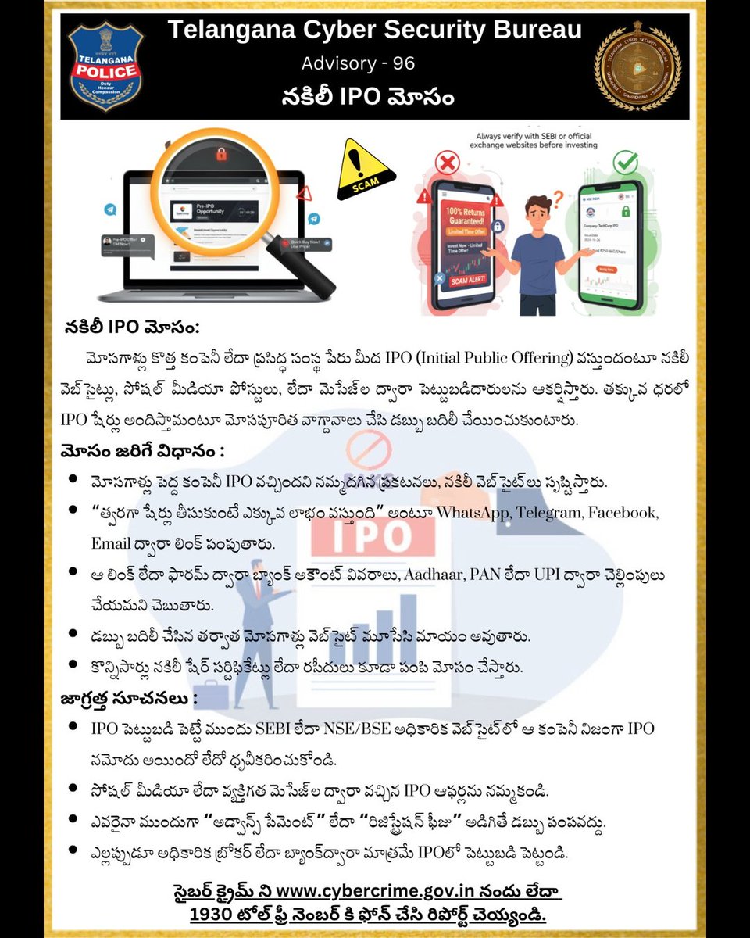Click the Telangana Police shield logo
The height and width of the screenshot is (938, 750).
pos(104,66)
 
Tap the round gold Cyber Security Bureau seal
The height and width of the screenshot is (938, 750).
pos(637,66)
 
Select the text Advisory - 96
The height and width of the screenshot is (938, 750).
pos(359,63)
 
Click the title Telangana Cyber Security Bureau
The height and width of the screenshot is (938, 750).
pos(375,30)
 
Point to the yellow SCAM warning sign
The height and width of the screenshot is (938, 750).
pos(361,170)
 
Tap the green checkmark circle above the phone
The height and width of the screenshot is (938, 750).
pos(626,164)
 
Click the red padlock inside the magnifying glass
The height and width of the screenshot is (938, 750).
pos(221,156)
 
